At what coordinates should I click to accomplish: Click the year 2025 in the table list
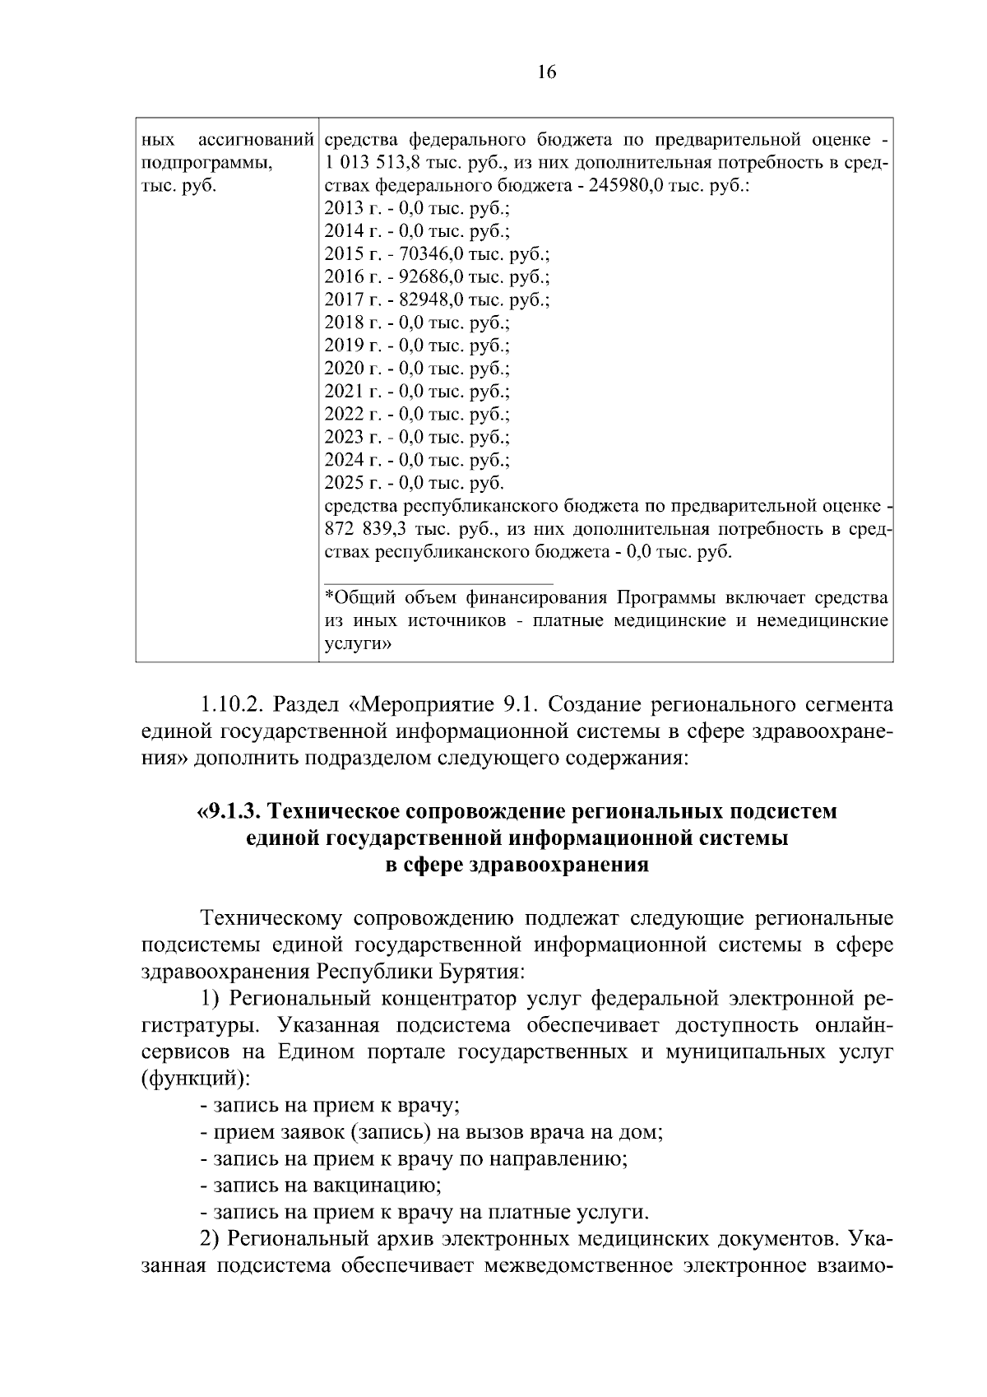click(341, 482)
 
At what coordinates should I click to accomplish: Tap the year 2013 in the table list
click(341, 208)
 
